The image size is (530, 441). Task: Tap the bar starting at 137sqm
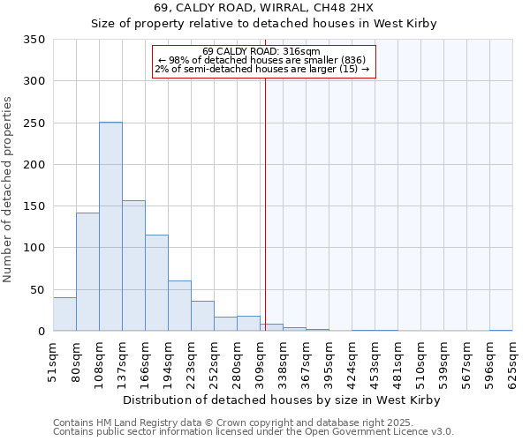click(133, 265)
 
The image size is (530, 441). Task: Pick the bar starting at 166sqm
click(156, 283)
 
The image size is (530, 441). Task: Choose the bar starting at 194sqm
click(179, 306)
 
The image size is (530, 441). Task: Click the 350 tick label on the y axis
click(34, 40)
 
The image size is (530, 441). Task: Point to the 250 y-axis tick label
click(34, 123)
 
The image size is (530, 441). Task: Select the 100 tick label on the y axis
click(34, 248)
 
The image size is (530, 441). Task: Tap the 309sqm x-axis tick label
click(260, 361)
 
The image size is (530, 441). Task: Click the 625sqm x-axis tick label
click(512, 361)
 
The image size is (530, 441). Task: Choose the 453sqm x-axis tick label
click(375, 361)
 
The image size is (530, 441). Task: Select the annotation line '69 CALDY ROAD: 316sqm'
click(261, 51)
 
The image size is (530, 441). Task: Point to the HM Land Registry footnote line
click(252, 422)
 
